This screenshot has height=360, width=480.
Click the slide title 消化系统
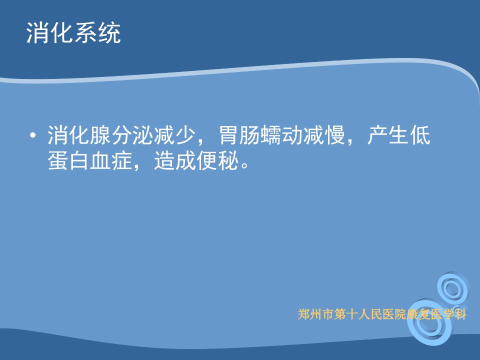(73, 32)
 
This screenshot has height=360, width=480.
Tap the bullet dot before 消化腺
(33, 135)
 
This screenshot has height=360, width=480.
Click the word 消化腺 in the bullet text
(79, 135)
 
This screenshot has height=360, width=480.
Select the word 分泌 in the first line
(132, 135)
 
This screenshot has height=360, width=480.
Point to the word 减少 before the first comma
(174, 135)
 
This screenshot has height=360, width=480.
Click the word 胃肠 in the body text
(239, 135)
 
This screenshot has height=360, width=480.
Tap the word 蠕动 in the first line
(281, 135)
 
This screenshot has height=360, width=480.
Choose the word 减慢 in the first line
(324, 135)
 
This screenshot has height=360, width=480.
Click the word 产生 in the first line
(388, 135)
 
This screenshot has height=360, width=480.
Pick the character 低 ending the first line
(420, 135)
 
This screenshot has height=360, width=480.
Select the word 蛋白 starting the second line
(68, 160)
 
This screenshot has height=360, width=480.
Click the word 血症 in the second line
(111, 160)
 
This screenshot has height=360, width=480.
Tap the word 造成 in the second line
(175, 160)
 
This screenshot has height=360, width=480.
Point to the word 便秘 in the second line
(217, 160)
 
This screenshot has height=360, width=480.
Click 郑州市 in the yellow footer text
(316, 314)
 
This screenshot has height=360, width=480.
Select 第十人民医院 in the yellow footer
(370, 314)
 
